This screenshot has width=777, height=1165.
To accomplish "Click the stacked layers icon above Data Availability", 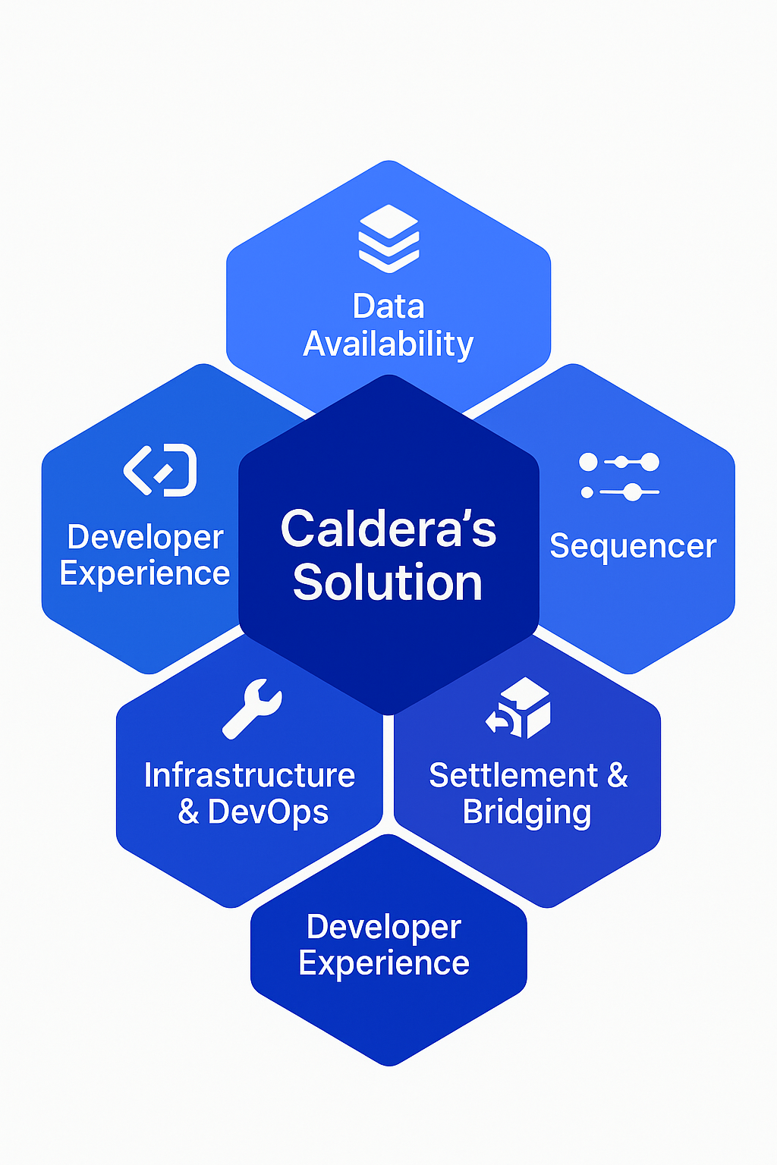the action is [x=388, y=239].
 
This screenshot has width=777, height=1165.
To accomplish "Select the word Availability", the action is [x=388, y=345].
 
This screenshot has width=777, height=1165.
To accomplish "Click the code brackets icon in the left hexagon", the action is [x=160, y=470].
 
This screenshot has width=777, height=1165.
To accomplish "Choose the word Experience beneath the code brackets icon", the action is [x=145, y=574].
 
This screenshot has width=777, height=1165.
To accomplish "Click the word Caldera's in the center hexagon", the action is [x=388, y=529].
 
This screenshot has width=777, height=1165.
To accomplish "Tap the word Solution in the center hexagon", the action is [x=388, y=582].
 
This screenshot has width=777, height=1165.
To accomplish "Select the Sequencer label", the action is [x=633, y=547].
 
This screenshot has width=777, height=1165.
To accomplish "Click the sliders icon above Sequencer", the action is [x=619, y=476].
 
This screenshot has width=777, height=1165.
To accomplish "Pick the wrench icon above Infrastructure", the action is [x=253, y=708].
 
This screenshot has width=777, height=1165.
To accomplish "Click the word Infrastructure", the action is [x=250, y=775].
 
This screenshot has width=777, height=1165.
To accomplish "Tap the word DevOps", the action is [x=268, y=812].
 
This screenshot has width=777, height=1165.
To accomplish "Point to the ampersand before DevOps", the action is [x=188, y=812].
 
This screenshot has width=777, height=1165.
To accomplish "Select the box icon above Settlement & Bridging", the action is [x=517, y=708].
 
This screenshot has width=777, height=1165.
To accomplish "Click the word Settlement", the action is [x=513, y=775].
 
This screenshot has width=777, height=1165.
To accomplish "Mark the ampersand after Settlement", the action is [x=618, y=775].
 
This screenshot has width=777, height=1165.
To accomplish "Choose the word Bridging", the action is [x=527, y=812].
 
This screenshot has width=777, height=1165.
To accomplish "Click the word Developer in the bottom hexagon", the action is [x=384, y=928].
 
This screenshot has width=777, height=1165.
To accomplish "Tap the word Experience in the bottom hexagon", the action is [x=384, y=964].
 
